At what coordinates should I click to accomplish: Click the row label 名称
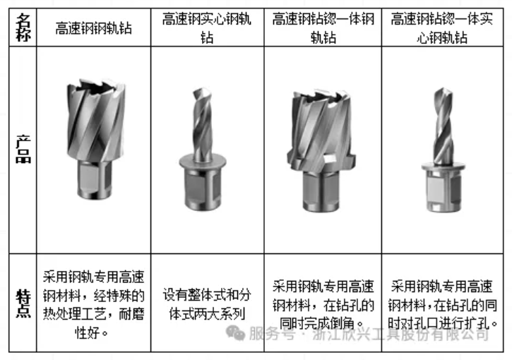click(x=23, y=28)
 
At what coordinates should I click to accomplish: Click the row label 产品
click(x=23, y=149)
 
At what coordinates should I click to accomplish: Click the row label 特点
click(x=23, y=304)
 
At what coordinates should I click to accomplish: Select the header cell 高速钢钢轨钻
click(x=94, y=28)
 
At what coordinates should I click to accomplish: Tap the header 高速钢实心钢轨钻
click(x=207, y=28)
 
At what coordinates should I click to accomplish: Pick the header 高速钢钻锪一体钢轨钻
click(x=323, y=28)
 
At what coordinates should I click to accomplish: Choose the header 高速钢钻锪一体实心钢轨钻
click(x=442, y=28)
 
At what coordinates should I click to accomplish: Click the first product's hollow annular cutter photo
click(x=95, y=138)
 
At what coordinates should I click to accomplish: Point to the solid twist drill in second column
click(x=203, y=148)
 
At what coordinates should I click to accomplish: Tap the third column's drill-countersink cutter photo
click(x=321, y=150)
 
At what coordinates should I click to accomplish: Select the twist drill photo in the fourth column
click(x=443, y=150)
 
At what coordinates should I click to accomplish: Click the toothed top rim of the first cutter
click(x=95, y=86)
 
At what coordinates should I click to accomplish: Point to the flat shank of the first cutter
click(x=95, y=179)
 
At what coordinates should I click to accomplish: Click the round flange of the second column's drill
click(x=203, y=160)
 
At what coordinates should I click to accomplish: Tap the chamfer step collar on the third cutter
click(x=321, y=160)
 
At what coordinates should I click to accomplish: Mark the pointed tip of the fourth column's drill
click(x=443, y=88)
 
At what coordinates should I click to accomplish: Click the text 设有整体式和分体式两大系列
click(x=207, y=304)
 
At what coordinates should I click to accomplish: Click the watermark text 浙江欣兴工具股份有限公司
click(x=400, y=334)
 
